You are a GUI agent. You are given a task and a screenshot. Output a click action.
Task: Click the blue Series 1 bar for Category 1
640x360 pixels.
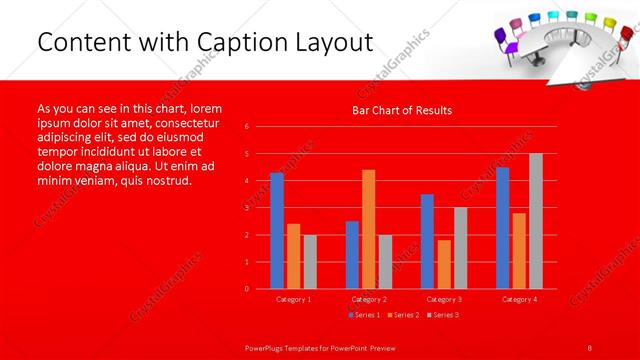click(x=277, y=231)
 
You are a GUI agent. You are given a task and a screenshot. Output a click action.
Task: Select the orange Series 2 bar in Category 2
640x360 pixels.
click(x=368, y=229)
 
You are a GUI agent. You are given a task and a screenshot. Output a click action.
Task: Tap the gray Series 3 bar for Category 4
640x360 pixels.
click(x=535, y=221)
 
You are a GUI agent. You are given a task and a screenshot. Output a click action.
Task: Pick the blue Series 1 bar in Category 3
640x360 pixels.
click(x=427, y=241)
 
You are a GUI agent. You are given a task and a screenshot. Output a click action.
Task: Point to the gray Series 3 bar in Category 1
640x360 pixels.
click(x=310, y=262)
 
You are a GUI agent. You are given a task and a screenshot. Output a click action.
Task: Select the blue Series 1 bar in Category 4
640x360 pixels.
click(x=502, y=228)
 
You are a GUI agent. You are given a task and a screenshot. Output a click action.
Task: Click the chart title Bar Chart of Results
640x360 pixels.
click(x=402, y=110)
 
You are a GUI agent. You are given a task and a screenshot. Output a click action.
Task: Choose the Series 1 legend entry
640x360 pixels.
click(x=364, y=315)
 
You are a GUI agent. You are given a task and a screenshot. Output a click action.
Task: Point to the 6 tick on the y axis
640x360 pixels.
click(x=247, y=127)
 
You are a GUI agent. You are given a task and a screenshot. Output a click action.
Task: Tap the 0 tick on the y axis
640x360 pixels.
click(x=247, y=289)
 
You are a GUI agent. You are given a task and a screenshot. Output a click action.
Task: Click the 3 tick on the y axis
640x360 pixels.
click(x=247, y=208)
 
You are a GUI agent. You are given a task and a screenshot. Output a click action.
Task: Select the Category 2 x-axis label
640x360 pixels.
click(x=368, y=299)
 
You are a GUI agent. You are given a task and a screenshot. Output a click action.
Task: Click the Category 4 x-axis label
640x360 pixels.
click(x=518, y=299)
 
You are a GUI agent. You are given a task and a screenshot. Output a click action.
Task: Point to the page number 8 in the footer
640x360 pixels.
click(x=590, y=346)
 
